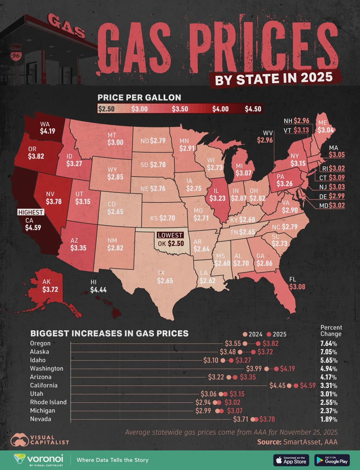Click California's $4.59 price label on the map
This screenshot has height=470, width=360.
pos(33,228)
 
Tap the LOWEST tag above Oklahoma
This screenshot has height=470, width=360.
pos(170,235)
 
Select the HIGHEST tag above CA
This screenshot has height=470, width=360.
pos(31,212)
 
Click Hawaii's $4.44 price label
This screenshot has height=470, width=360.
pos(98,290)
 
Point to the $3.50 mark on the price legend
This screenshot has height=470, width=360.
pos(180,109)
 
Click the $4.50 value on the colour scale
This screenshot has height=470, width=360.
pos(253,109)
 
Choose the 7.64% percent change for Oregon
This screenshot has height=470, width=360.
pos(328,343)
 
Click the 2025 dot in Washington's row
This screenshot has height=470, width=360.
pos(277,369)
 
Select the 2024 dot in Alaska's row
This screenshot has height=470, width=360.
pos(240,352)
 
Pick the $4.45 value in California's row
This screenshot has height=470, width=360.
pos(277,385)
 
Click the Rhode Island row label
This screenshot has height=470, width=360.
pos(48,402)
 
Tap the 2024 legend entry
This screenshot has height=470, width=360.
pos(253,334)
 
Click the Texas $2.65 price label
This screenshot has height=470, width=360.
pos(165,281)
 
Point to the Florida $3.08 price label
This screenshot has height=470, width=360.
pos(297,287)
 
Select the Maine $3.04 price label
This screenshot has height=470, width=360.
pos(326,130)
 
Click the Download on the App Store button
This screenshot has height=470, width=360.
pos(291,460)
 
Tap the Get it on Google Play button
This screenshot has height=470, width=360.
pos(332,460)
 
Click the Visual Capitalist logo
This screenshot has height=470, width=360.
pos(40,440)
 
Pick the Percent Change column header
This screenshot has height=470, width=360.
pos(331,331)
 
